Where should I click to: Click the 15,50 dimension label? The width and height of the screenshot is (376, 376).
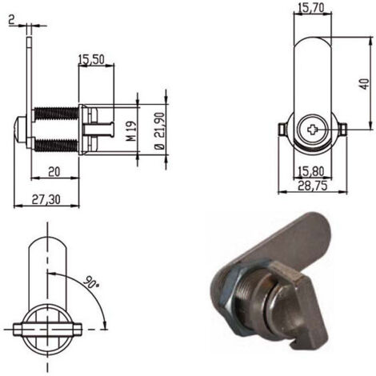click(91, 59)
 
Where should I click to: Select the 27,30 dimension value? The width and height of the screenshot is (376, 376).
click(46, 199)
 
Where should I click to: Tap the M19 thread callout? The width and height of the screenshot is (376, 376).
click(131, 130)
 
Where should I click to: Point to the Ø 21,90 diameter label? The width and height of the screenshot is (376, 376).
click(160, 130)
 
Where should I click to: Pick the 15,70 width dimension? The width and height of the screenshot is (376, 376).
click(311, 8)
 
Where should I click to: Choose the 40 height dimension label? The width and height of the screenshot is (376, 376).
click(365, 84)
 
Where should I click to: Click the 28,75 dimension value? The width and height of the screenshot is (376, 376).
click(312, 186)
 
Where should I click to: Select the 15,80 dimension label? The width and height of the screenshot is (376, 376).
click(311, 170)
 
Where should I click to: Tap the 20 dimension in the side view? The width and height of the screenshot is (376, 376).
click(54, 172)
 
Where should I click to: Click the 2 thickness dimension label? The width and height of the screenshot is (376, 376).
click(11, 20)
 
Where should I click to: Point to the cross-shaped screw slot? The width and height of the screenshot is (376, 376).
click(312, 130)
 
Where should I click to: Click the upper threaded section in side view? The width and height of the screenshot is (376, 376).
click(57, 114)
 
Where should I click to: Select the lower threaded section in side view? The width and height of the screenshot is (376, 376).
click(57, 146)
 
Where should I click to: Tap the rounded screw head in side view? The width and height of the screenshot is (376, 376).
click(20, 130)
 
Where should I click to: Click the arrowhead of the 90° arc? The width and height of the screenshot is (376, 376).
click(105, 325)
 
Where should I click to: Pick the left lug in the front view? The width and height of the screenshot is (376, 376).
click(282, 129)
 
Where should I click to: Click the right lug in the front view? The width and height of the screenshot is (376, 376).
click(342, 129)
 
